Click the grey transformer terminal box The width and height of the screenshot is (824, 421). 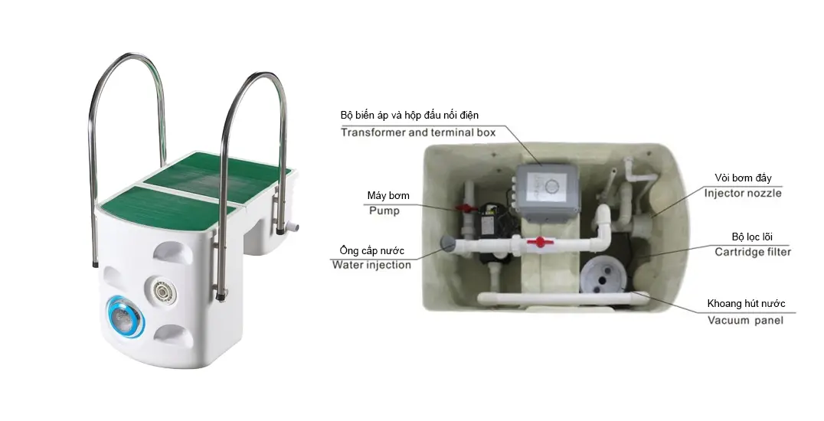tap(545, 191)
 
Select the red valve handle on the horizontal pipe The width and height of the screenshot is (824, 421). tap(538, 243)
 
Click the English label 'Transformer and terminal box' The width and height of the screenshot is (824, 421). tap(418, 132)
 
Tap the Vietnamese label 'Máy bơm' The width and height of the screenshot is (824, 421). tap(388, 195)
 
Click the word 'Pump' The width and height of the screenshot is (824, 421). tap(384, 210)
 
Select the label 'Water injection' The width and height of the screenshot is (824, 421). tap(371, 265)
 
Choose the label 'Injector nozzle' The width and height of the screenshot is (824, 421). tap(743, 193)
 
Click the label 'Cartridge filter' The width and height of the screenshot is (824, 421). tap(753, 252)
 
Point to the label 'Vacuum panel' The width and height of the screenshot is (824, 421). tap(745, 320)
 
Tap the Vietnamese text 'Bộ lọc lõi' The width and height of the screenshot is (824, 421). tap(752, 237)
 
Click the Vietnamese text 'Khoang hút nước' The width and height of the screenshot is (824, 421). tap(746, 303)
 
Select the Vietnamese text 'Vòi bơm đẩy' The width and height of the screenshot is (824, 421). tap(743, 178)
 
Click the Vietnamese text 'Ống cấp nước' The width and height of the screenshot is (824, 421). tap(371, 250)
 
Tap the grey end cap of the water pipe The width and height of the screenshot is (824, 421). tap(448, 243)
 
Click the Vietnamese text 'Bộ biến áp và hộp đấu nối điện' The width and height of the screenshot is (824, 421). tap(410, 115)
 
